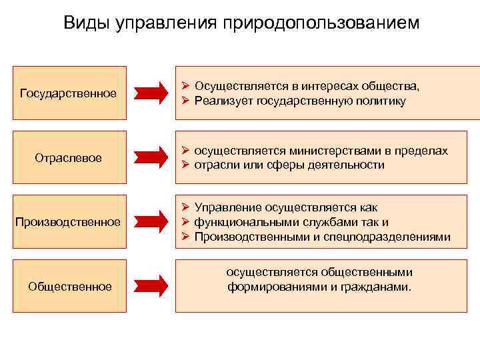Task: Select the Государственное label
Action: pos(69,93)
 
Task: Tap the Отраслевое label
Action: pos(68,158)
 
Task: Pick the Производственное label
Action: pos(69,221)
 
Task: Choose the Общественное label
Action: pos(69,287)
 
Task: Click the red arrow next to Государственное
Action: pos(154,93)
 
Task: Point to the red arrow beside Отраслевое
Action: pos(154,157)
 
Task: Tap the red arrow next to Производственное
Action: pos(154,221)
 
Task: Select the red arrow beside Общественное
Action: pos(154,286)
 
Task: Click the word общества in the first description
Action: pos(391,87)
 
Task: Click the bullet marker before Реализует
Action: pos(186,101)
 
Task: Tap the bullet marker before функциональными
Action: pos(186,223)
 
